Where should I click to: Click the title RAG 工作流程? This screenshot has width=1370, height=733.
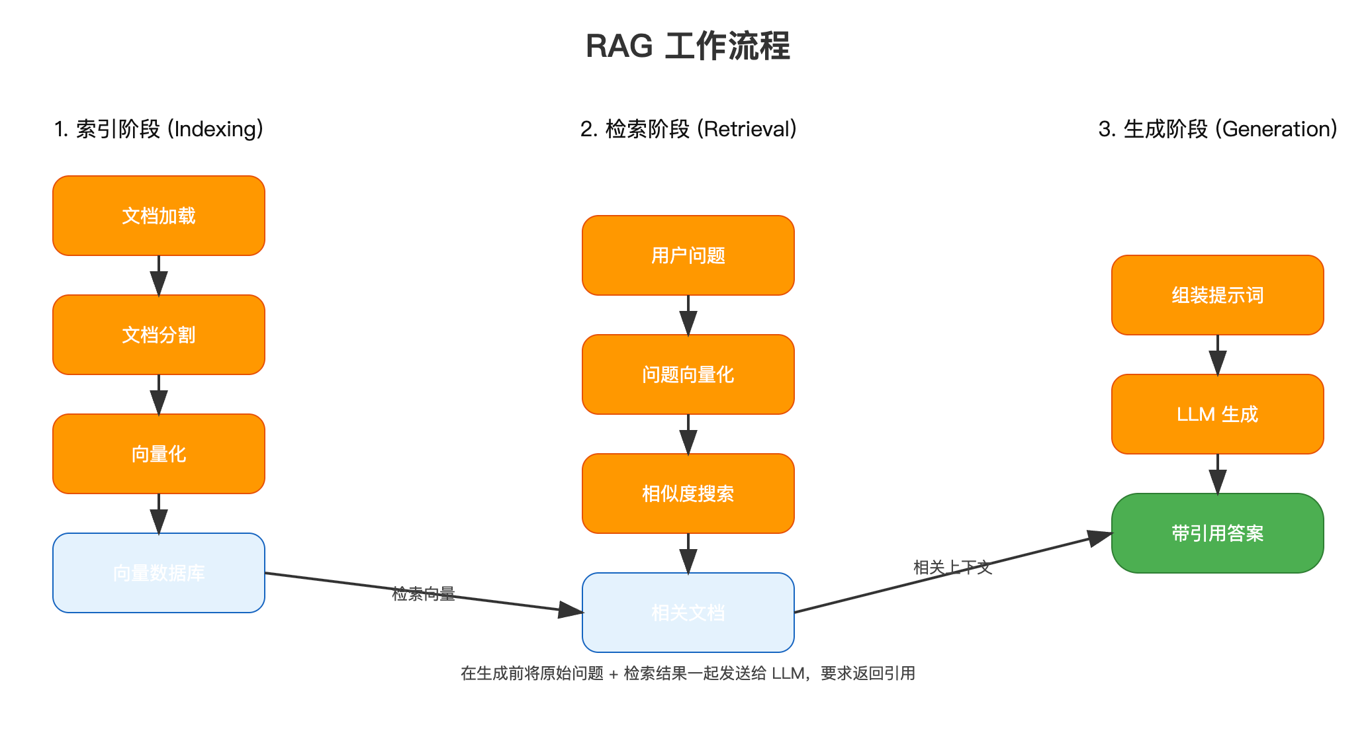point(688,46)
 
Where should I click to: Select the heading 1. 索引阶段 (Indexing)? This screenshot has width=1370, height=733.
point(159,129)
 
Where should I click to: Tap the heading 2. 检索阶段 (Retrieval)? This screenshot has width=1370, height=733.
point(688,129)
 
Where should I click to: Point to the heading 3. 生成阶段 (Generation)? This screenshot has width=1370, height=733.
point(1218,129)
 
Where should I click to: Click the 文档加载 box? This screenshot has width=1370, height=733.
point(159,216)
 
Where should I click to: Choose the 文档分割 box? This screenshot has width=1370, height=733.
point(159,335)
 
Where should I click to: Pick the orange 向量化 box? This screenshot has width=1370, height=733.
point(159,454)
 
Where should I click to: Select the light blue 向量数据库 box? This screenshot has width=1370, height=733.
point(159,573)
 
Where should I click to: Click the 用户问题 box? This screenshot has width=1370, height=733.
point(688,255)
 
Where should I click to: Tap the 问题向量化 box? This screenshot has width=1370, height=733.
point(688,374)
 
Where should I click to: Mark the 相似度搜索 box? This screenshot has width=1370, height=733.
point(688,494)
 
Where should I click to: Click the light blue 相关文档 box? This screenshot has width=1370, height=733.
point(688,613)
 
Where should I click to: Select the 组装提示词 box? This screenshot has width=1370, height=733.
point(1218,295)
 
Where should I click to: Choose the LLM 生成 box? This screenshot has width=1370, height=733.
point(1218,414)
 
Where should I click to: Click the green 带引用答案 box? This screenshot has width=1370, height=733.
point(1218,533)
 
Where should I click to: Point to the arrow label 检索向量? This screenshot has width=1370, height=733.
point(424,593)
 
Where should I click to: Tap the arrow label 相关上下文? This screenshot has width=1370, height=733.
point(952,567)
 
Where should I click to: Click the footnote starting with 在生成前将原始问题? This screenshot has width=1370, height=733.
point(688,673)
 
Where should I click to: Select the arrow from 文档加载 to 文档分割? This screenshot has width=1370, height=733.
point(159,275)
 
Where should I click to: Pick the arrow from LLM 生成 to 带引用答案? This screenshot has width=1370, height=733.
point(1218,474)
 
